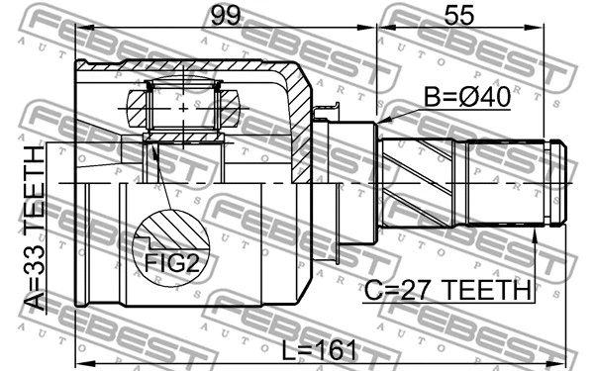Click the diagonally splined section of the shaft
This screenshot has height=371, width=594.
[416, 184]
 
